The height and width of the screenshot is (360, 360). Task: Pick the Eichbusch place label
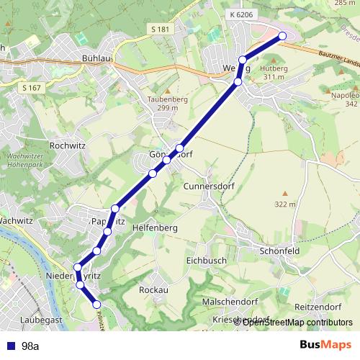(206, 260)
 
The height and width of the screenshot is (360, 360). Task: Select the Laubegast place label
(42, 318)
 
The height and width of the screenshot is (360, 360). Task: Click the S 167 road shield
(31, 88)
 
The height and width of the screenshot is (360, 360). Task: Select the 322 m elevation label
(285, 204)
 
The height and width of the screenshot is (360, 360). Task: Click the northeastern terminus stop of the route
(282, 36)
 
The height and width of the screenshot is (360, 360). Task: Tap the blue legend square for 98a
(10, 346)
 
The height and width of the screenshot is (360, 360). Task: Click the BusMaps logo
(323, 346)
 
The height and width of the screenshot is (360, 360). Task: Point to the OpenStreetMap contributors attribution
(297, 322)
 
